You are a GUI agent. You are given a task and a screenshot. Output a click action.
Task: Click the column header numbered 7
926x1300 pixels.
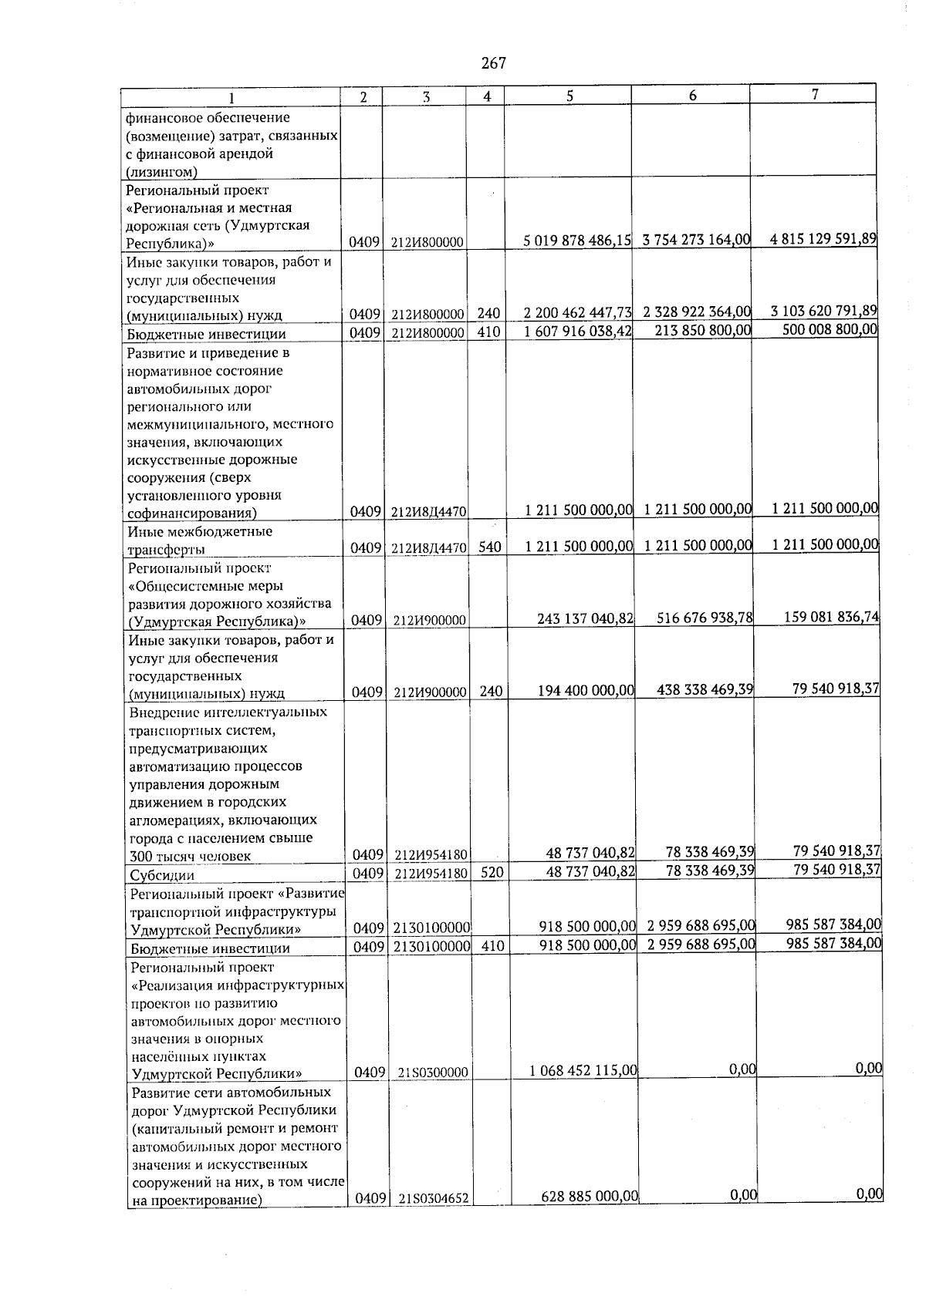(814, 94)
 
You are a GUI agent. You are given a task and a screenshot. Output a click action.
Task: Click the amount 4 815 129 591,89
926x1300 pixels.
(823, 239)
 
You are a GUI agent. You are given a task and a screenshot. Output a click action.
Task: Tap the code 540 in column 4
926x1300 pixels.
(488, 547)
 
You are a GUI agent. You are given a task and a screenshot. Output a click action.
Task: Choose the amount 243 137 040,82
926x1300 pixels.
(585, 618)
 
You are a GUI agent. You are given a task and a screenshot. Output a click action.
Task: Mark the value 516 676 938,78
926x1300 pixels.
(705, 618)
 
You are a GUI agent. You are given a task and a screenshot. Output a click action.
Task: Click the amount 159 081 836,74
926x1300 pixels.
(832, 617)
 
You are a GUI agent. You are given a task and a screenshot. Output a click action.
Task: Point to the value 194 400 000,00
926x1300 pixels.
(586, 691)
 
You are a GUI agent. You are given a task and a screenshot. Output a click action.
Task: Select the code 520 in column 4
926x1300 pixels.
(489, 874)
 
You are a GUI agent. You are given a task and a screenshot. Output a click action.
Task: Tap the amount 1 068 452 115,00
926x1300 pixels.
(583, 1070)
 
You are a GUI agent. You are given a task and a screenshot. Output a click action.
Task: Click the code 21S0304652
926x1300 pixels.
(435, 1220)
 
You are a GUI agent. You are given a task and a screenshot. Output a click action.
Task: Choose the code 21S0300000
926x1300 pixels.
(434, 1073)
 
